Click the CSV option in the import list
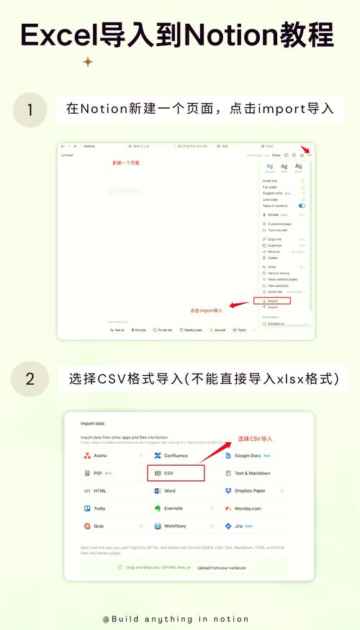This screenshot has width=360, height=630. click(x=176, y=473)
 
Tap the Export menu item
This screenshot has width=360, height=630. click(x=273, y=307)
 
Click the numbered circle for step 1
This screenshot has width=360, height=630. click(x=30, y=110)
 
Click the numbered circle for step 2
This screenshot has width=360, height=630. click(x=30, y=379)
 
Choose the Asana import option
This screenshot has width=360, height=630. click(x=112, y=455)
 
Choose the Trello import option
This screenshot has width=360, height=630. click(x=112, y=508)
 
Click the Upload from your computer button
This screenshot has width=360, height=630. click(x=222, y=567)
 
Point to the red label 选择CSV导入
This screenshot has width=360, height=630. click(x=255, y=438)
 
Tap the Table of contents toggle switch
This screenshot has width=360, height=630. click(x=302, y=206)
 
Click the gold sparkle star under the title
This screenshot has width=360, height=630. click(x=88, y=62)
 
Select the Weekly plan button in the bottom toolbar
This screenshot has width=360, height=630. click(x=191, y=330)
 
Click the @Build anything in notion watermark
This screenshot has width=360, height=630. click(x=176, y=618)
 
